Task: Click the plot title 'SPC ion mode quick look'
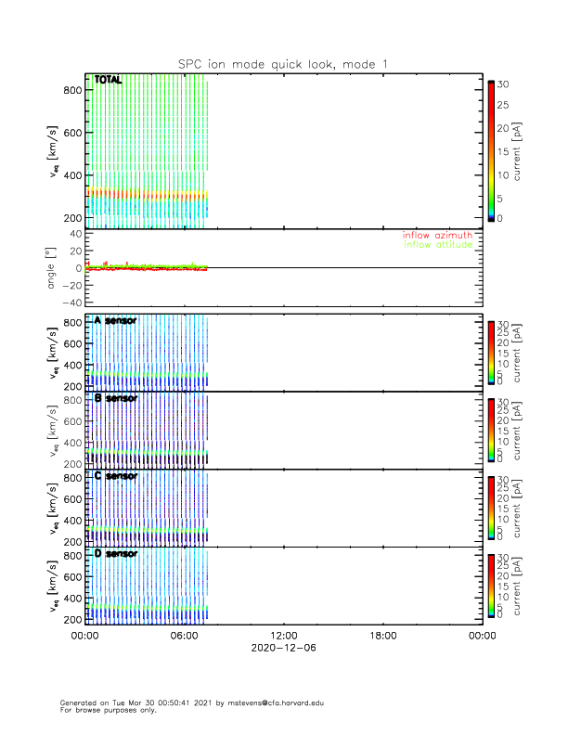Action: click(x=283, y=63)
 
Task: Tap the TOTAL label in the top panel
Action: click(x=109, y=81)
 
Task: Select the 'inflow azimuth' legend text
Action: click(x=437, y=236)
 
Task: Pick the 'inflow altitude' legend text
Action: click(x=438, y=245)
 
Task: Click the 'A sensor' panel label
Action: click(x=115, y=321)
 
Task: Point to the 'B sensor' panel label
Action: click(x=115, y=398)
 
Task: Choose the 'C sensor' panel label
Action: click(x=115, y=476)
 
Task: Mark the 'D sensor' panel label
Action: click(x=115, y=553)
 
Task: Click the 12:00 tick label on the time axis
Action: click(x=283, y=636)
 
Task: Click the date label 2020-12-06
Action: click(x=283, y=649)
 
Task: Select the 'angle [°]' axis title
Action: click(x=52, y=267)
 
